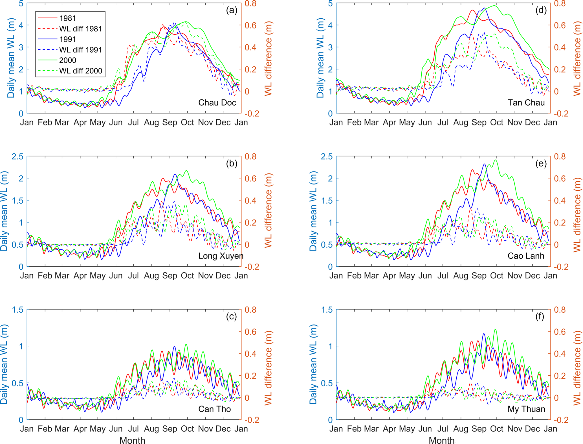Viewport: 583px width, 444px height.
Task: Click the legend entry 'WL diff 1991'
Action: click(x=80, y=50)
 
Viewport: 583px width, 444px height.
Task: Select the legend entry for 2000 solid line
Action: click(x=68, y=60)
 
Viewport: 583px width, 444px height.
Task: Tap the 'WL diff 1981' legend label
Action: click(x=80, y=29)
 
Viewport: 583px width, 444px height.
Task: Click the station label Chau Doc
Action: click(x=217, y=103)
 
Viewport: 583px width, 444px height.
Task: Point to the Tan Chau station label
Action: click(x=526, y=103)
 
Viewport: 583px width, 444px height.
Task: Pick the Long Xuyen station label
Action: click(x=221, y=256)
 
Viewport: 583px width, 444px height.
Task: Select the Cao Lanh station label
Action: click(x=526, y=256)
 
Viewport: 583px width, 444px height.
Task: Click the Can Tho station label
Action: click(x=214, y=409)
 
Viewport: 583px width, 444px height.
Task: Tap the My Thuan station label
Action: click(x=526, y=409)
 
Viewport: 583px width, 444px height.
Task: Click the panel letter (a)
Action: click(x=232, y=10)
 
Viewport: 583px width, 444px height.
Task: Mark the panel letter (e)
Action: click(x=541, y=164)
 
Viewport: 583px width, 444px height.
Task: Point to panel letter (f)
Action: click(x=540, y=317)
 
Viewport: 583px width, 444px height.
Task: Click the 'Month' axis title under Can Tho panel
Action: click(x=132, y=440)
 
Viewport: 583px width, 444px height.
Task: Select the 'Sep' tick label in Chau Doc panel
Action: click(x=170, y=123)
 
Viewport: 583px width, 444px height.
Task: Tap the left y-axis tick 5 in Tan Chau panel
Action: click(x=330, y=3)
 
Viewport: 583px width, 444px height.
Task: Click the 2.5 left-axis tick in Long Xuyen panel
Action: click(x=17, y=156)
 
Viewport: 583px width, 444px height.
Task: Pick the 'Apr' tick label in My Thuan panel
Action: click(x=389, y=429)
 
